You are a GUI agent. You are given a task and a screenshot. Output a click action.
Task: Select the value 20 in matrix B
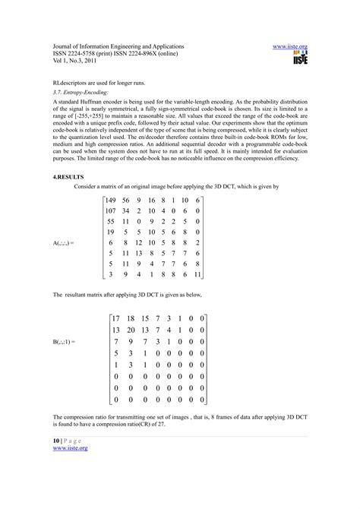(x=134, y=330)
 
